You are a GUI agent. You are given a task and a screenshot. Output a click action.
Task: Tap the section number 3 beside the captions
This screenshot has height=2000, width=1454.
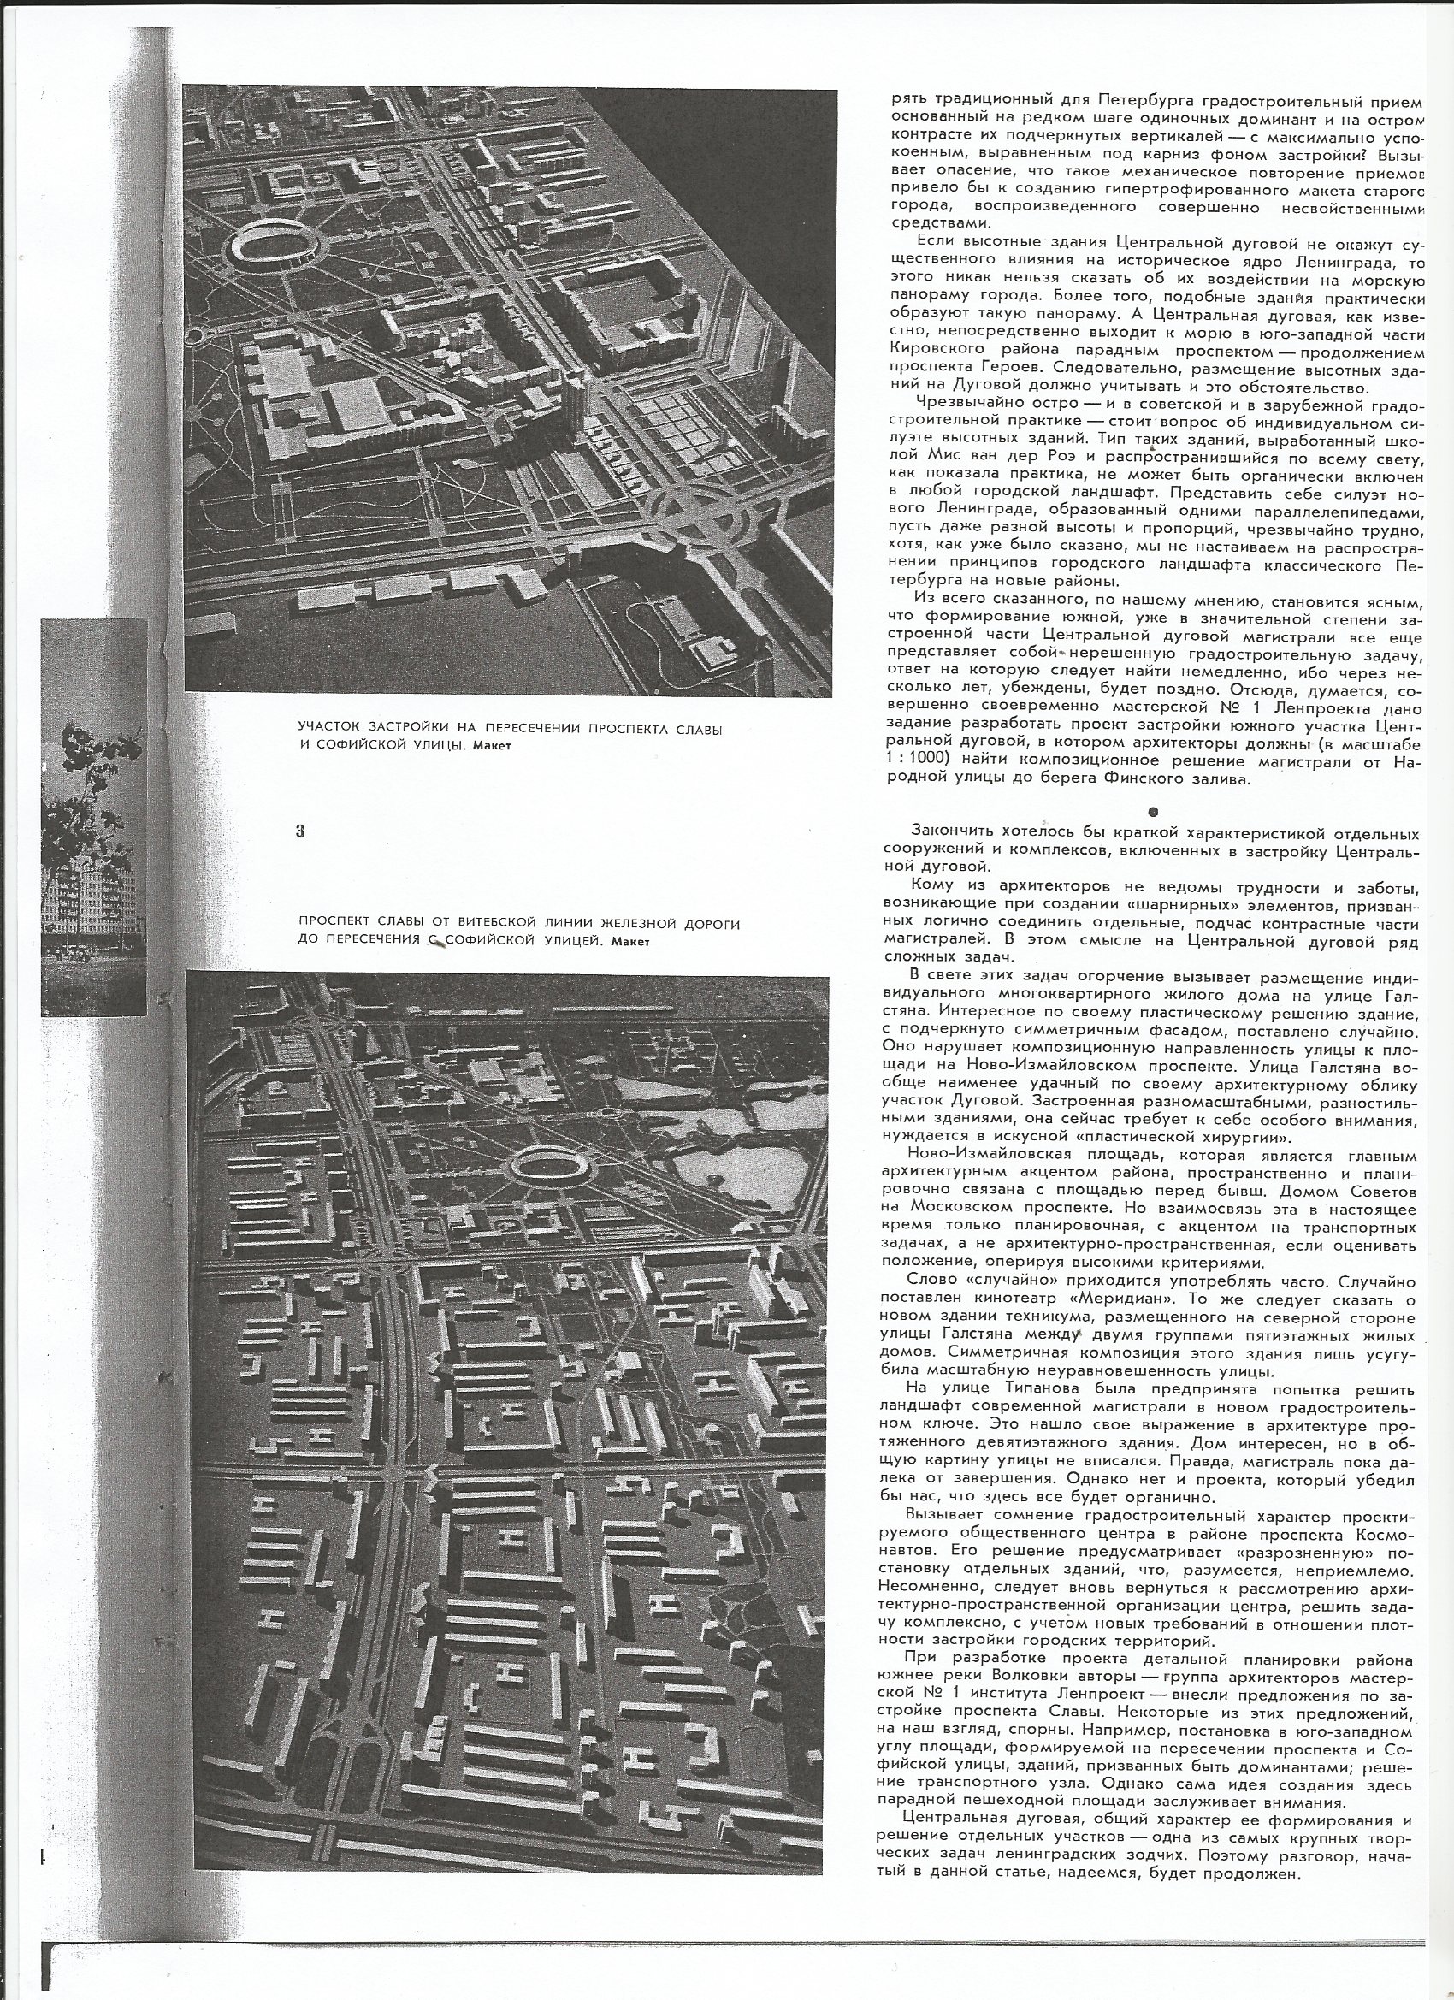pyautogui.click(x=301, y=830)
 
